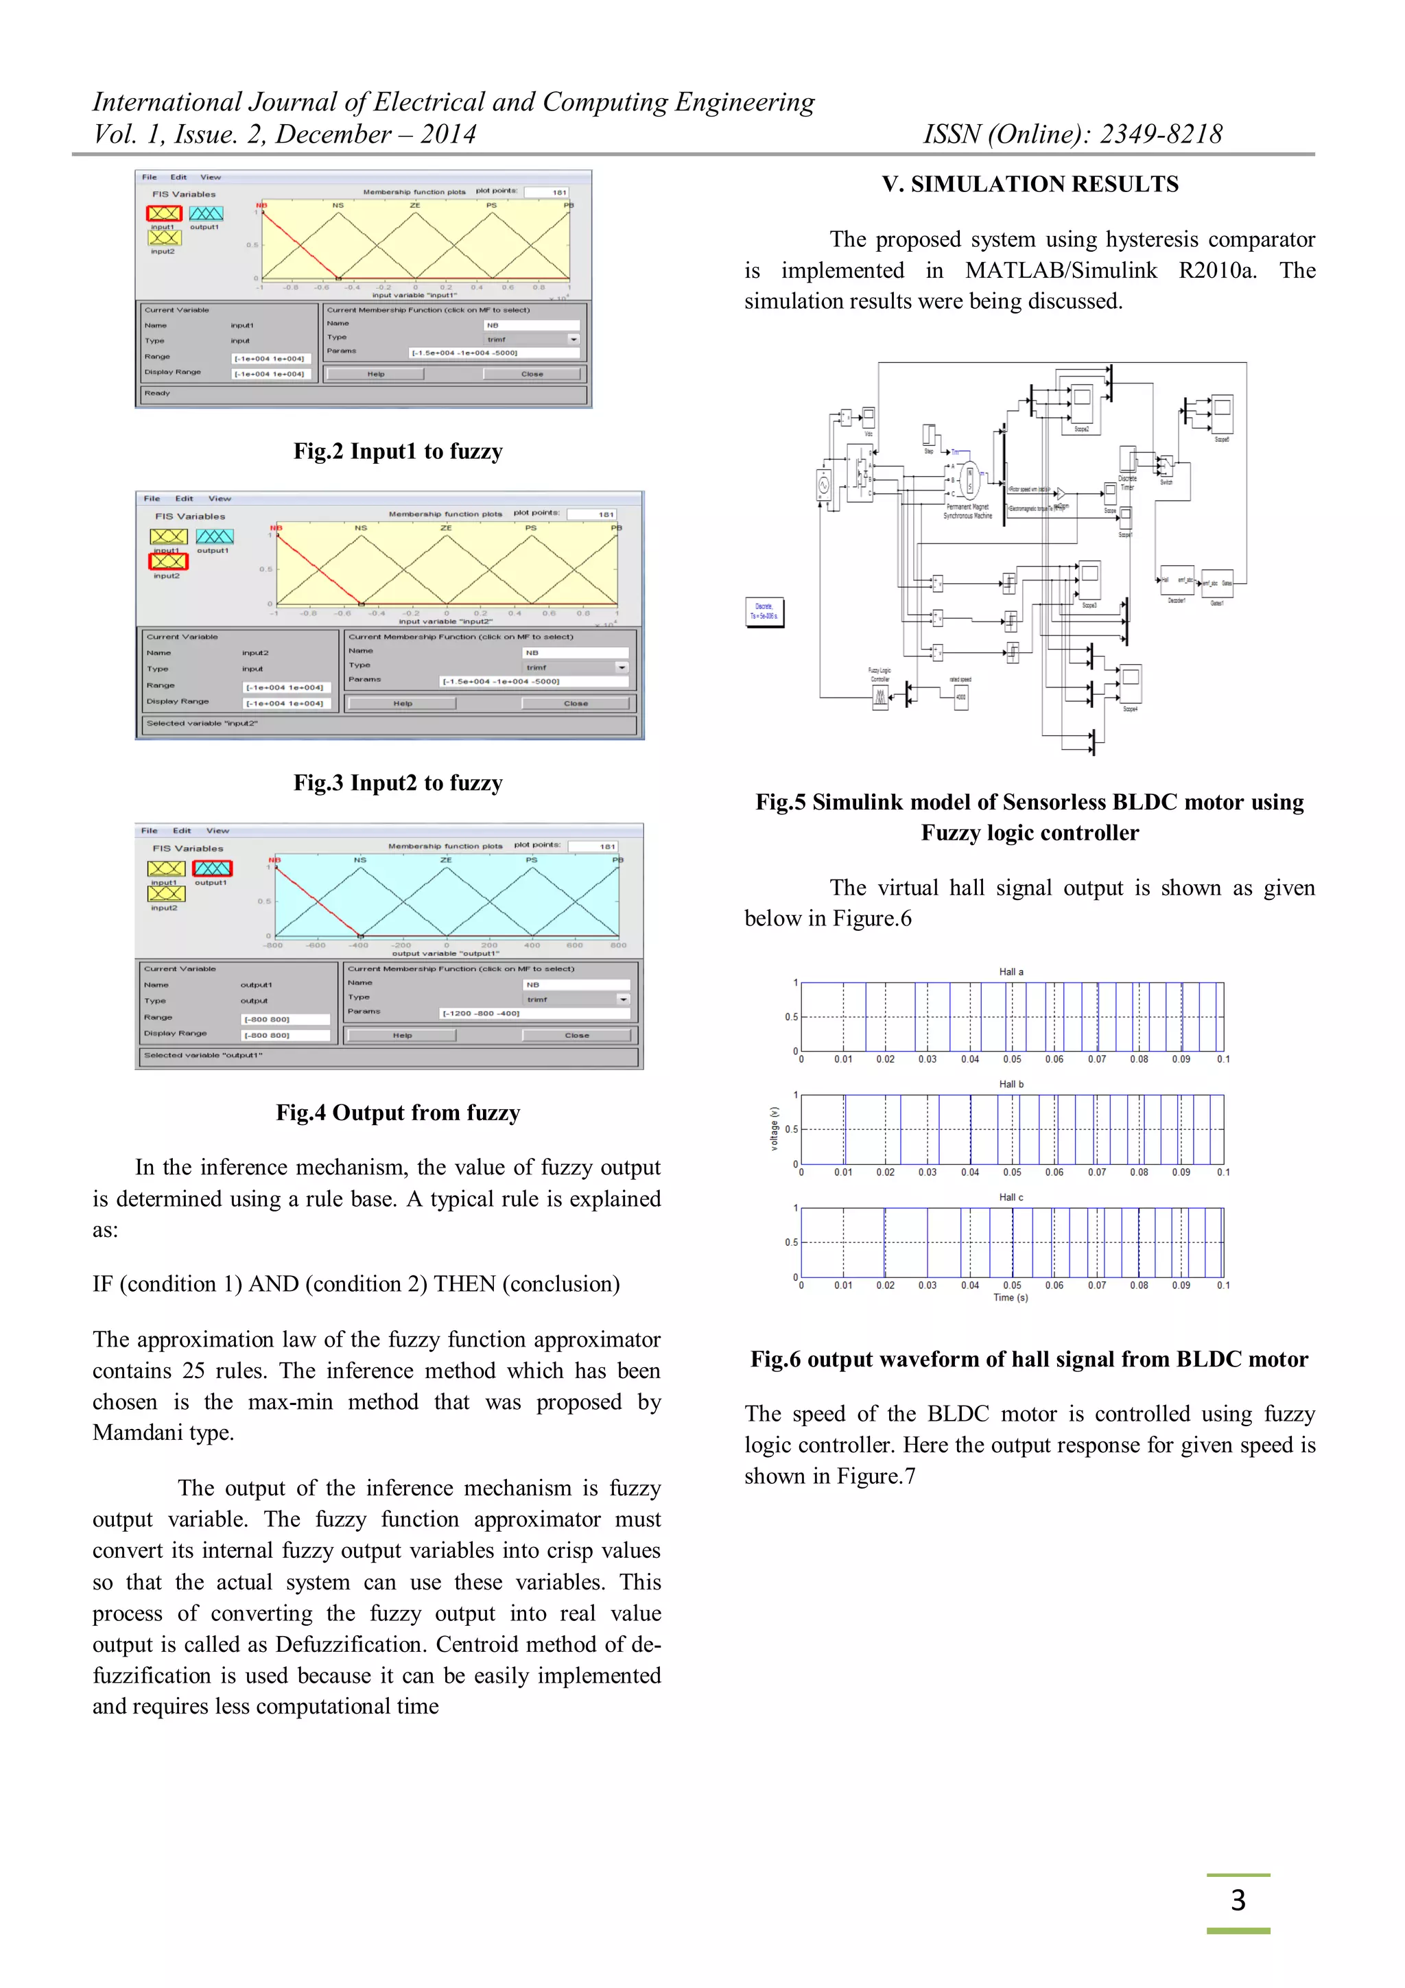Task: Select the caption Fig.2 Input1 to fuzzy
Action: pyautogui.click(x=397, y=451)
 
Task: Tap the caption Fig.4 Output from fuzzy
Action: pyautogui.click(x=397, y=1113)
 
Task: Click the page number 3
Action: pyautogui.click(x=1237, y=1900)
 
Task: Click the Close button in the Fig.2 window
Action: pyautogui.click(x=532, y=374)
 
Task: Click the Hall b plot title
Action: pyautogui.click(x=1011, y=1084)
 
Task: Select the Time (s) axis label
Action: pyautogui.click(x=1011, y=1298)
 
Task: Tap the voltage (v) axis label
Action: pyautogui.click(x=775, y=1128)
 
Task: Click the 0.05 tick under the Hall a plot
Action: pyautogui.click(x=1011, y=1059)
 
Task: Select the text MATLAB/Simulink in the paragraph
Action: pyautogui.click(x=1061, y=270)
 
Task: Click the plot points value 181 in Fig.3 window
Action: pyautogui.click(x=605, y=514)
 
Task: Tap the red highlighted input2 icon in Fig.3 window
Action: pyautogui.click(x=168, y=561)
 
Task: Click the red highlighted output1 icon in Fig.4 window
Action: pyautogui.click(x=212, y=868)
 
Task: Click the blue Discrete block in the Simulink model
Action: pyautogui.click(x=764, y=611)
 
